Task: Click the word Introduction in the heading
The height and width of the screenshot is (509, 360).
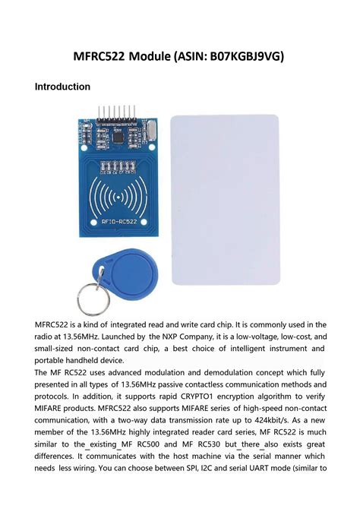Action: (62, 87)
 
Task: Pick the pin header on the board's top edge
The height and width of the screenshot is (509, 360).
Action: (122, 113)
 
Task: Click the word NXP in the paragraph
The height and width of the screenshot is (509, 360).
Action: (172, 336)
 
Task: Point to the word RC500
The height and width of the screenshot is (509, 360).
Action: (178, 445)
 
